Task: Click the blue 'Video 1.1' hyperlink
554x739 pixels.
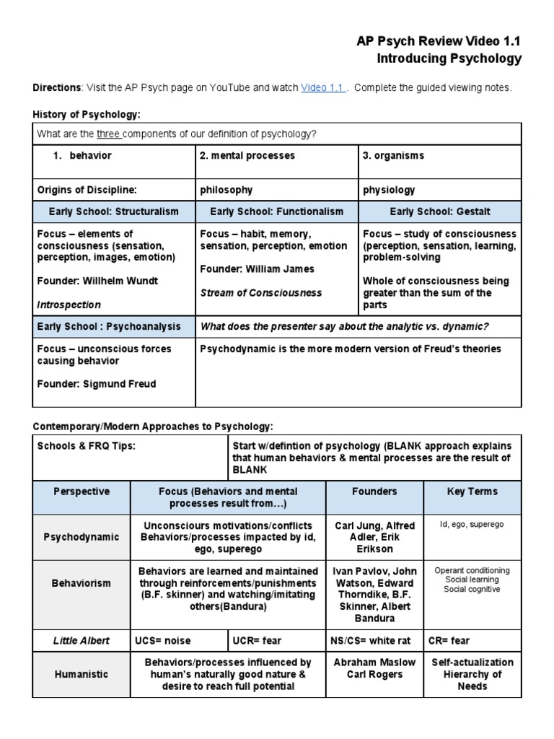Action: pos(322,88)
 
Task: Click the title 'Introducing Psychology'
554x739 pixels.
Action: pos(449,58)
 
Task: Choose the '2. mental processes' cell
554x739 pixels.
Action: pos(247,156)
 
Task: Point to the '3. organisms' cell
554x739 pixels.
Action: pos(393,156)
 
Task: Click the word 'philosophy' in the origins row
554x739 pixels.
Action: pos(227,190)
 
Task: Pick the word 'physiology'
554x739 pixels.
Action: pos(390,190)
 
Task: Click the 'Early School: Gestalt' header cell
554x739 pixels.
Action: pos(440,211)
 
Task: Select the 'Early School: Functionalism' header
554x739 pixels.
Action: pos(276,211)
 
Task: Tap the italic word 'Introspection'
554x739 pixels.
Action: pos(69,305)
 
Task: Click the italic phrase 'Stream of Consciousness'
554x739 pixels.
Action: pos(261,293)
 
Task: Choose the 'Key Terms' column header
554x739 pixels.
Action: pos(472,491)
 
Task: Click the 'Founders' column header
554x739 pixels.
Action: pos(374,491)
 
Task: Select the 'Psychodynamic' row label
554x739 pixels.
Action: pos(82,537)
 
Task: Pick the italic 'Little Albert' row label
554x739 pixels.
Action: pos(82,639)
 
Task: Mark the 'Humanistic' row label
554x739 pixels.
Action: pos(82,674)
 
